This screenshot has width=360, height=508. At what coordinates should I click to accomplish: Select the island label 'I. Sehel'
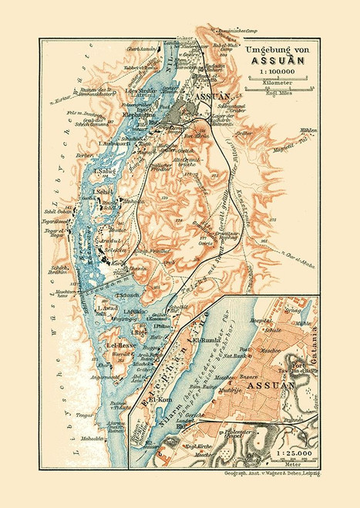103,191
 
